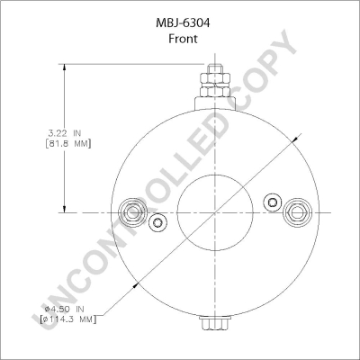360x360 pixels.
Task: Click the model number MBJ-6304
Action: coord(183,23)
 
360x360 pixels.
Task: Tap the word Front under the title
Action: coord(183,39)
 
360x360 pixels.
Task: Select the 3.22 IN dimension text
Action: coord(65,132)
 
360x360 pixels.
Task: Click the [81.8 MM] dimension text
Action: coord(67,144)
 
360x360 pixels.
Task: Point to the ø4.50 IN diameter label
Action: coord(64,309)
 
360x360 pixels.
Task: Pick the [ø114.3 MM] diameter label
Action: coord(68,319)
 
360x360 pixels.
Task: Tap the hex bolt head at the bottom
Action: coord(215,323)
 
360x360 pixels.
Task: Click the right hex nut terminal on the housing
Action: coord(297,212)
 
